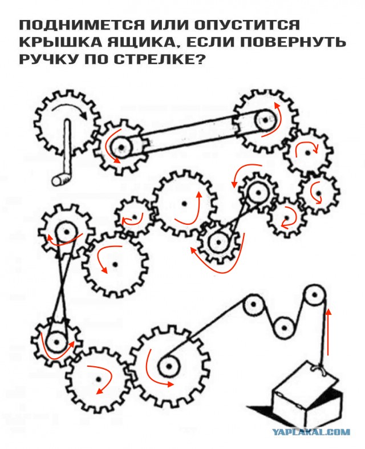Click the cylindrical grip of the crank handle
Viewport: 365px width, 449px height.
[x=59, y=180]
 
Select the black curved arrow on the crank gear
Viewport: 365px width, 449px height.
[x=71, y=109]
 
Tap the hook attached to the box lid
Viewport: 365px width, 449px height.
[x=321, y=370]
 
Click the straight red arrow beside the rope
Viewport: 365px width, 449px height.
[x=328, y=331]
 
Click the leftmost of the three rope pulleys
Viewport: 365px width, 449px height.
[x=252, y=306]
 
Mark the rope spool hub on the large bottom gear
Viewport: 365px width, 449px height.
[x=167, y=366]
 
